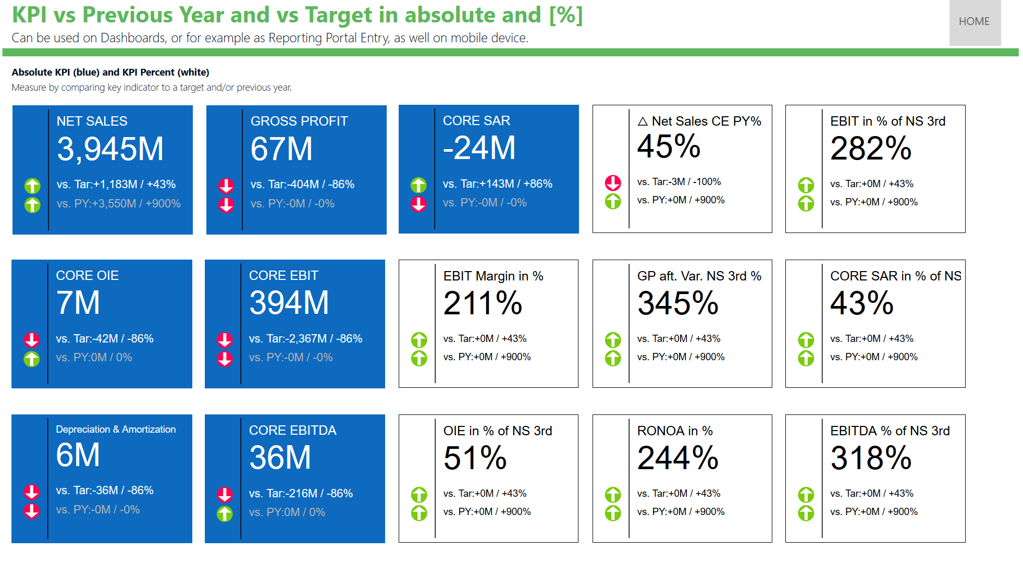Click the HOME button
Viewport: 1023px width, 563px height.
pos(974,22)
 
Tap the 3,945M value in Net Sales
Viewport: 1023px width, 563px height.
pos(110,149)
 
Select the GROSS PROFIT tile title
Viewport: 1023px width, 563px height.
pos(299,121)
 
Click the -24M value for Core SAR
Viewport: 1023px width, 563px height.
pos(479,148)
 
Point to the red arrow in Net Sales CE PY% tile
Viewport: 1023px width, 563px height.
pos(613,182)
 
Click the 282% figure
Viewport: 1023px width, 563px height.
pos(870,149)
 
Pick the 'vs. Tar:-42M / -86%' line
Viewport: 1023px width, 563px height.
pos(104,339)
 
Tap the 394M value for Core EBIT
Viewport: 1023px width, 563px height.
pos(289,303)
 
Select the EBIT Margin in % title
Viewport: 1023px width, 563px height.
pos(493,276)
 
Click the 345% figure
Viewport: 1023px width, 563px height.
pos(677,303)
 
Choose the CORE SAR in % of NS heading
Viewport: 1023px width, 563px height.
pos(895,276)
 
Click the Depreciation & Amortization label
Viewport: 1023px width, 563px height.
pos(116,430)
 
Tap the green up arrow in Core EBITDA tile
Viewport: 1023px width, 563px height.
pos(225,514)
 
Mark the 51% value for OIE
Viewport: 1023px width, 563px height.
pos(475,458)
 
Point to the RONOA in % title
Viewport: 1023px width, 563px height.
pos(674,431)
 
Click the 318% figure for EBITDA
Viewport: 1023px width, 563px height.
pos(870,458)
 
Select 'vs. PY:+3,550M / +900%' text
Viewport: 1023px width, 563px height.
pos(118,204)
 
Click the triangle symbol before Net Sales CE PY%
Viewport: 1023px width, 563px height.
pos(643,121)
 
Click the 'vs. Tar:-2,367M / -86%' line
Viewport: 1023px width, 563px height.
pos(305,339)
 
